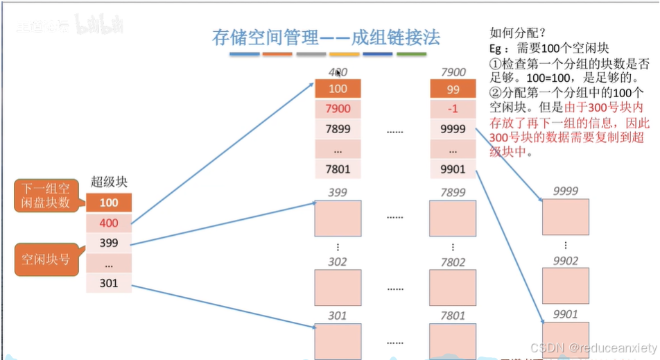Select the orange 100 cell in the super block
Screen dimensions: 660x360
point(109,203)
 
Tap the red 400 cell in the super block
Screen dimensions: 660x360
point(109,223)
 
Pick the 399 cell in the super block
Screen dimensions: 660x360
point(109,243)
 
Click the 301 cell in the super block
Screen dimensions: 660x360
point(109,283)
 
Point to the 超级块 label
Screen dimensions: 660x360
point(109,182)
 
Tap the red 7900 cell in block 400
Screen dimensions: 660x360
point(338,109)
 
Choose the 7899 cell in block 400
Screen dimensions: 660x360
point(338,129)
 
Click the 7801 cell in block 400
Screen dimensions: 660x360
point(338,169)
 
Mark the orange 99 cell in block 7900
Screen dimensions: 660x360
point(453,89)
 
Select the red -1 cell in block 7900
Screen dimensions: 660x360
point(453,109)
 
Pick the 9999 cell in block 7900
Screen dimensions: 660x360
point(453,129)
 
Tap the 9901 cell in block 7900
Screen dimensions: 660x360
point(453,169)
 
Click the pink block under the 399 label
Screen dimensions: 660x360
point(338,218)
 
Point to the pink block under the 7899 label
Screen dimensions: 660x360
point(453,218)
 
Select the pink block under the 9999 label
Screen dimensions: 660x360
point(565,216)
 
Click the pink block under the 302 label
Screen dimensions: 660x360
point(338,287)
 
